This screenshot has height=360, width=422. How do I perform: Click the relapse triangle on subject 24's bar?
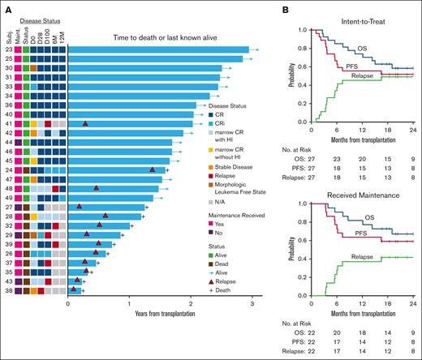(153, 169)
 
